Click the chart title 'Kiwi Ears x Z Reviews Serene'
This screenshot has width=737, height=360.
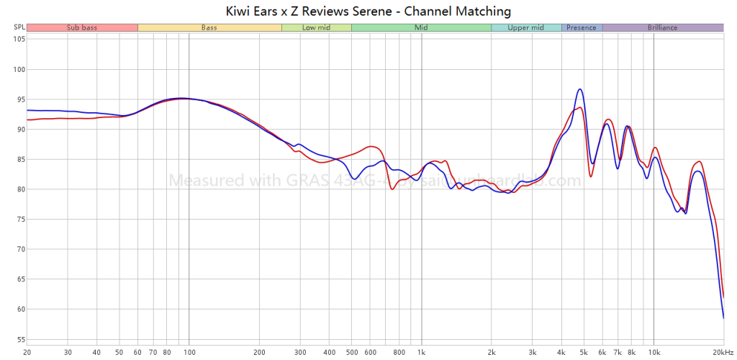point(368,11)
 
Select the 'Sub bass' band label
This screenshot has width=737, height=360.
point(82,27)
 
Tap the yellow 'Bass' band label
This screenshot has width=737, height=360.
point(209,27)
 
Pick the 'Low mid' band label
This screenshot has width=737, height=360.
point(316,27)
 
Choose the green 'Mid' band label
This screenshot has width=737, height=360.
point(421,27)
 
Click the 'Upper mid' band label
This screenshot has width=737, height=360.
point(526,27)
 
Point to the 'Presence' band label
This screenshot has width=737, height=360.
point(582,27)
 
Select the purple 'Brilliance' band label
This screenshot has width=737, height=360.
point(662,27)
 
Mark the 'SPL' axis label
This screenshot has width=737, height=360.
point(19,27)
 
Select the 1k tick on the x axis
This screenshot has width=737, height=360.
point(421,352)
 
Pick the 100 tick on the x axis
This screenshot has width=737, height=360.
point(189,352)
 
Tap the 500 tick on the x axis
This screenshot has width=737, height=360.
point(351,352)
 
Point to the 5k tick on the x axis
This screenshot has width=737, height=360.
point(584,352)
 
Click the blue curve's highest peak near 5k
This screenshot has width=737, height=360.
point(580,89)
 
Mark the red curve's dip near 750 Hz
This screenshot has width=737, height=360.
point(392,189)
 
